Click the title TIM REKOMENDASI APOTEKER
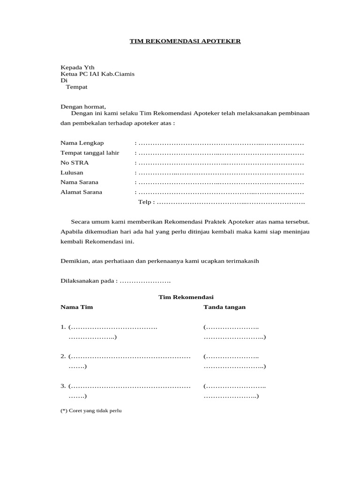coord(185,41)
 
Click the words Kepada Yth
coord(77,67)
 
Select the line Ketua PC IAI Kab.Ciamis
coord(97,74)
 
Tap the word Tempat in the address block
coord(76,87)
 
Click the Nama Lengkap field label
coord(82,142)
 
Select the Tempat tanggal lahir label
coord(90,153)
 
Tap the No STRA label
coord(75,163)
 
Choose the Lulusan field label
coord(72,172)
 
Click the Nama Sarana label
coord(79,182)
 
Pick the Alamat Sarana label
coord(81,192)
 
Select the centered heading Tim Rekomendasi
coord(186,297)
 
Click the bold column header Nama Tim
coord(77,307)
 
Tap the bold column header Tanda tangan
coord(225,307)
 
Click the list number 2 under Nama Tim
coord(63,357)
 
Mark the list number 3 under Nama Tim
coord(63,386)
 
